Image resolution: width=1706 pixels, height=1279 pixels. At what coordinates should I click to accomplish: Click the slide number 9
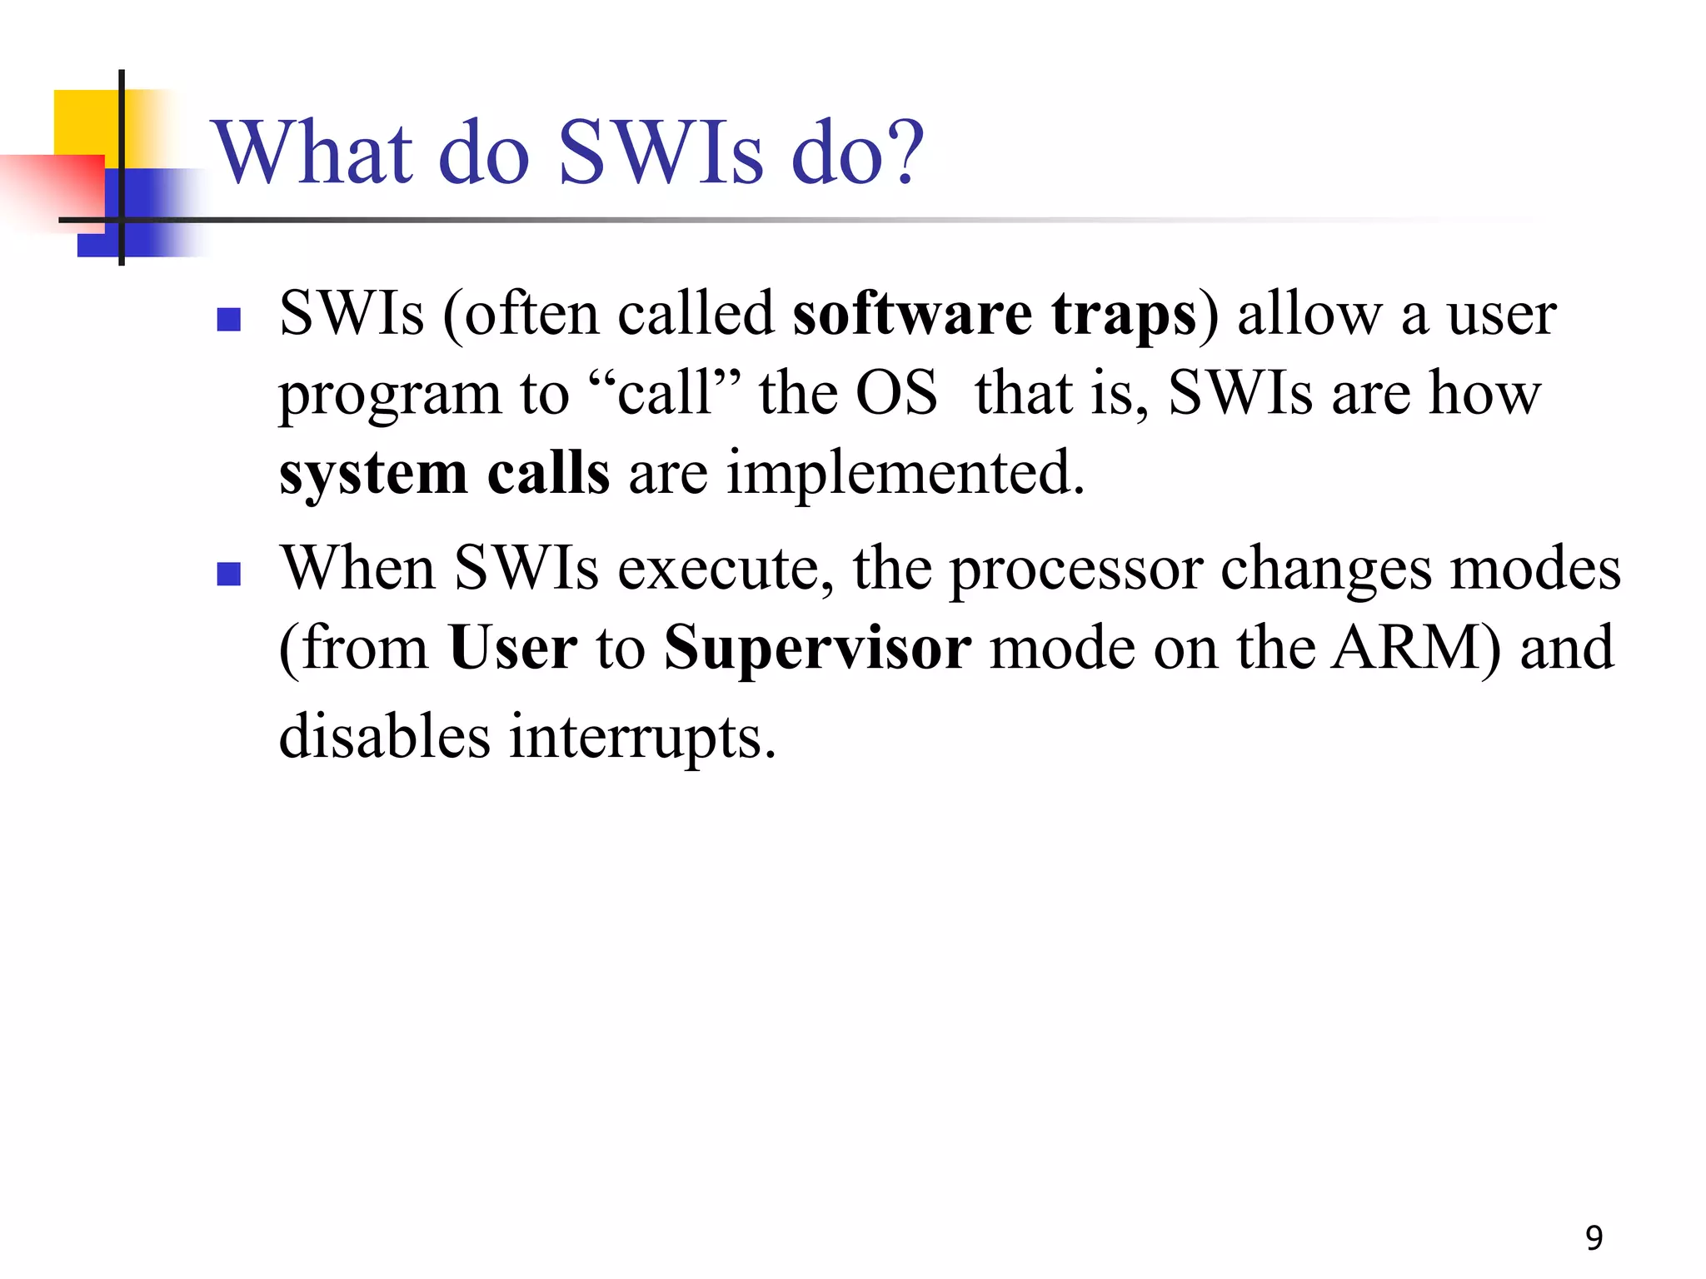(x=1594, y=1238)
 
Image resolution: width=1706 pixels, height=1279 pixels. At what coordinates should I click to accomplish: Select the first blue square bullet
(x=228, y=320)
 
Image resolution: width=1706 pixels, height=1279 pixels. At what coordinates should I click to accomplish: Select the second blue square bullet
(x=228, y=574)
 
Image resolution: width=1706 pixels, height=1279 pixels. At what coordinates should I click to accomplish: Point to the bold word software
(x=911, y=315)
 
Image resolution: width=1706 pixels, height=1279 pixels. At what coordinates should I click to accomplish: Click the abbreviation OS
(x=896, y=393)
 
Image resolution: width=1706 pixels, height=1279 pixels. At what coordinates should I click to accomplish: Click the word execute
(x=725, y=569)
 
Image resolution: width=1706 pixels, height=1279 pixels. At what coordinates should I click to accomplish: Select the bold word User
(x=512, y=648)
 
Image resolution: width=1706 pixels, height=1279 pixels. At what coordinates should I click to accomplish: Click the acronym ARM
(x=1413, y=648)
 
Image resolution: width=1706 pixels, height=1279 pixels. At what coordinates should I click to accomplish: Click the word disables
(x=384, y=736)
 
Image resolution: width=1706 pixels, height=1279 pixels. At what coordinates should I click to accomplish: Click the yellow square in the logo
(x=83, y=121)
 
